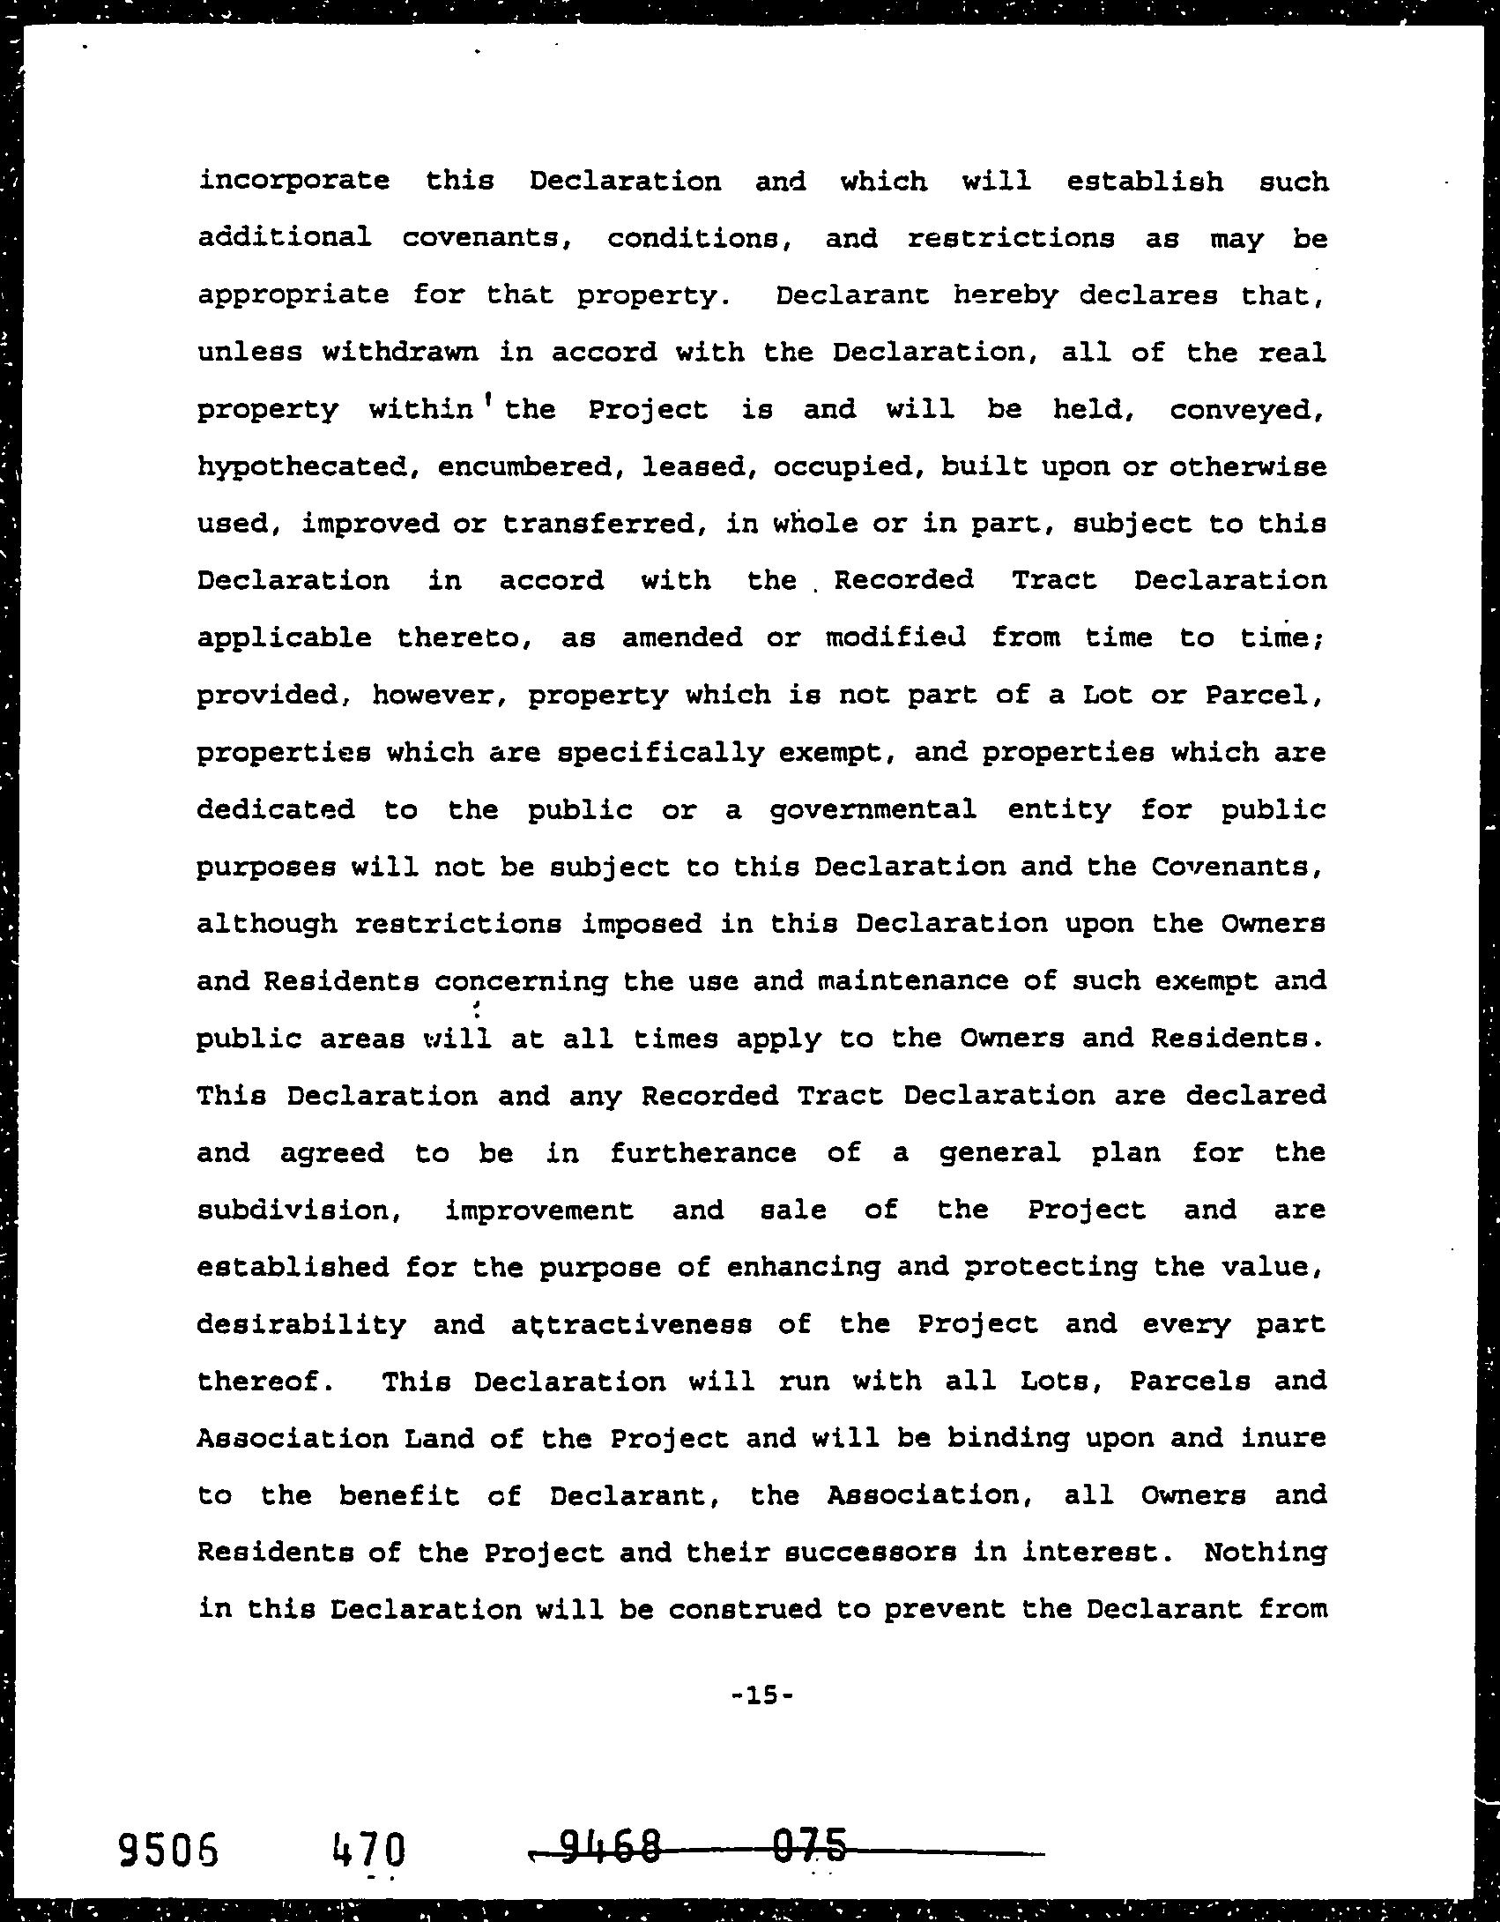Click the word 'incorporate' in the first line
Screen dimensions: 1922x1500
(293, 182)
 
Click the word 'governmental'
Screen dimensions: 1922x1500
(873, 809)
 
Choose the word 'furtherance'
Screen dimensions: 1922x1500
(703, 1152)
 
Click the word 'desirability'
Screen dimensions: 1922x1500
(301, 1324)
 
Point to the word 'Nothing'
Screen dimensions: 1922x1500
(1265, 1552)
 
